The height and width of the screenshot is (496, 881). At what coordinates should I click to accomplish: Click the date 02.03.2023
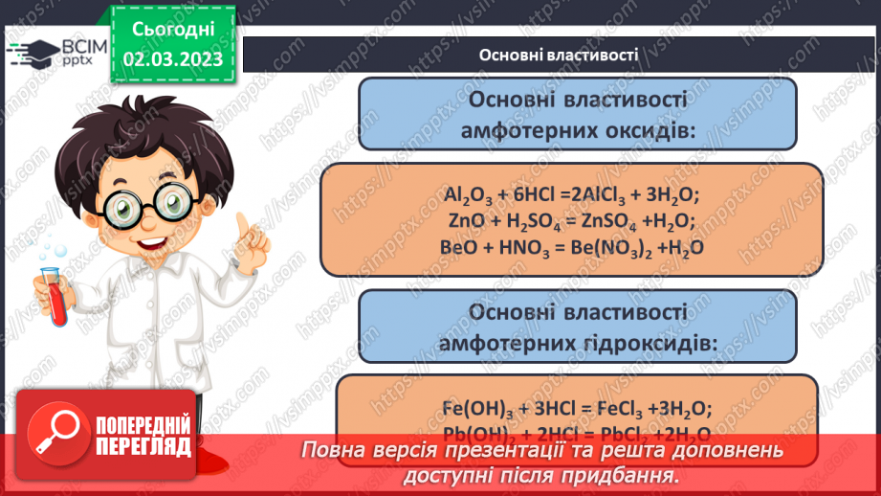tap(172, 58)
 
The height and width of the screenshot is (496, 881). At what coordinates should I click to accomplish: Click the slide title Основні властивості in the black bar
tap(559, 54)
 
